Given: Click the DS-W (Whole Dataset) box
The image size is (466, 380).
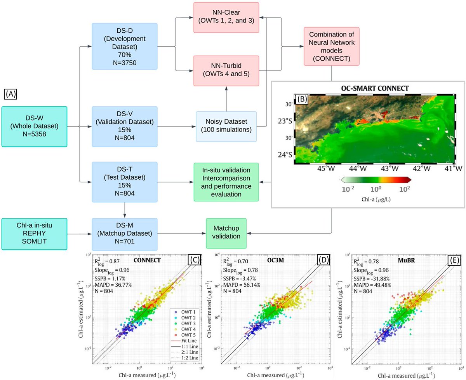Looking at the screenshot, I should pos(34,126).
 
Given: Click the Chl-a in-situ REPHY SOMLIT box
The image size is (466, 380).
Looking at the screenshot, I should pos(34,233).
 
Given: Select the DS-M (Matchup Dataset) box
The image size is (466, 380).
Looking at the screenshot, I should pos(125,233).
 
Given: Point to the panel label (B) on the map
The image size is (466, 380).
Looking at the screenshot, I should pos(302,99).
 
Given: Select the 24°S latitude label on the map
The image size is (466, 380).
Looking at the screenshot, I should pos(287,155).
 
